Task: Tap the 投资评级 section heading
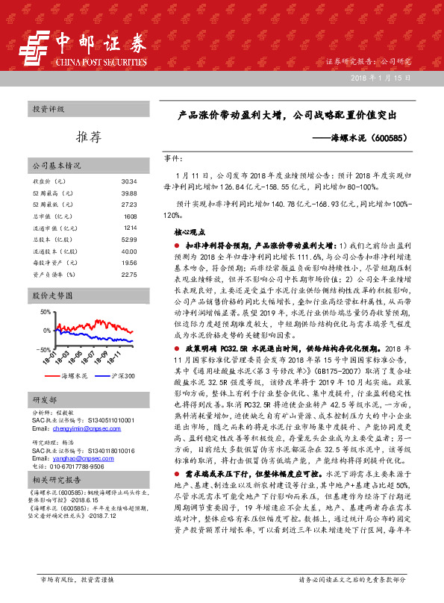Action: (49, 110)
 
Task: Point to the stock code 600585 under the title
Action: (387, 138)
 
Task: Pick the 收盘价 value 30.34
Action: (128, 181)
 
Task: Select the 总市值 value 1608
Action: (130, 216)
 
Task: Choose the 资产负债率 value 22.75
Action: (128, 274)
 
